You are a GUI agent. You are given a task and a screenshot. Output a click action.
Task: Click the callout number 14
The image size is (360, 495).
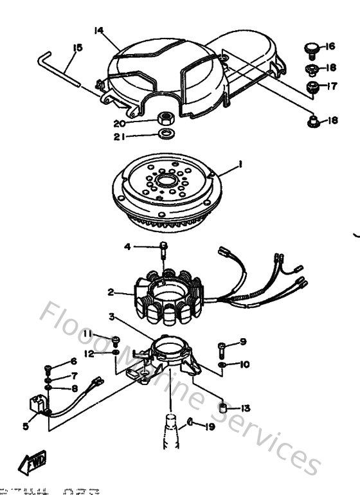[98, 30]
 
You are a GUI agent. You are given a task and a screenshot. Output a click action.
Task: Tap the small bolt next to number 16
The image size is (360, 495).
[309, 48]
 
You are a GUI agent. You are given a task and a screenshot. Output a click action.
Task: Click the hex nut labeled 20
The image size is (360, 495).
[164, 118]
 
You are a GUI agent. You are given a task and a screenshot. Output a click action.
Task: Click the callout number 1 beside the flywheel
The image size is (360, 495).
[239, 165]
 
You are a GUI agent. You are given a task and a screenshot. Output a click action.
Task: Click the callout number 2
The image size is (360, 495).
[111, 292]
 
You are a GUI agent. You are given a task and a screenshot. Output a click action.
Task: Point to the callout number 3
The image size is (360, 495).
[112, 316]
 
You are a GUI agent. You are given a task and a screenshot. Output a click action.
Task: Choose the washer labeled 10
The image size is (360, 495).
[222, 364]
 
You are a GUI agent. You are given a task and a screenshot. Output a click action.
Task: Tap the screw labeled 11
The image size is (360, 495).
[116, 339]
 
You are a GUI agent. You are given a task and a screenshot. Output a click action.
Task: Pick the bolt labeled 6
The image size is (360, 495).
[49, 369]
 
